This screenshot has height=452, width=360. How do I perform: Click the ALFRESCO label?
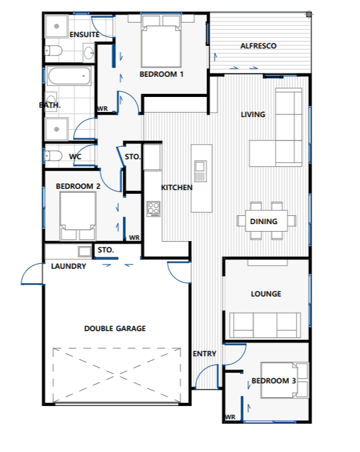click(258, 47)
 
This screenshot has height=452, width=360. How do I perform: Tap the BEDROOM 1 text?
click(161, 74)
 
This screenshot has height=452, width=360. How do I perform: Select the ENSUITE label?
click(84, 34)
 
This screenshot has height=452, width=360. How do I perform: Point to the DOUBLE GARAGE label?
click(115, 329)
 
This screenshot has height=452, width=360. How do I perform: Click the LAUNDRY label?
click(68, 266)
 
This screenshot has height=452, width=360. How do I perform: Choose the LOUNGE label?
click(266, 294)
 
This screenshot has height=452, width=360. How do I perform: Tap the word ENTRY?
click(205, 354)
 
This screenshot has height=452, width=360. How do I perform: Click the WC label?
click(75, 156)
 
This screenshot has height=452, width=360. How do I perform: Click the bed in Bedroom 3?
click(284, 380)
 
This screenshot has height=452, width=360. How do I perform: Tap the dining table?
click(266, 221)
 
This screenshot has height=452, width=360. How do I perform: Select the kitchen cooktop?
click(153, 208)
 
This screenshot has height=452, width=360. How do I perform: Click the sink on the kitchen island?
click(200, 167)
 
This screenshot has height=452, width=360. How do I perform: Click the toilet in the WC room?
click(53, 155)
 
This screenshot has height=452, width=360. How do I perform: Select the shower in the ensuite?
click(57, 27)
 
